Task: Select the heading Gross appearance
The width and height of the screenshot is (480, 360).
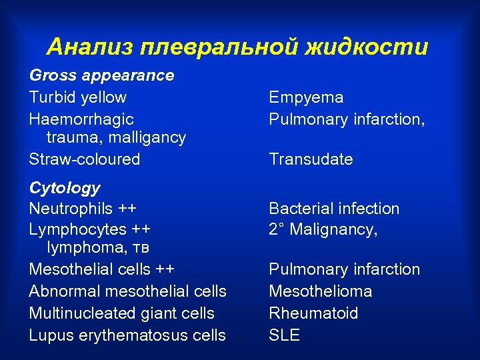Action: click(101, 75)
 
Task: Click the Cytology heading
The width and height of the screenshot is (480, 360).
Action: click(65, 188)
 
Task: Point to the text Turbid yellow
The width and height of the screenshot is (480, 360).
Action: click(77, 97)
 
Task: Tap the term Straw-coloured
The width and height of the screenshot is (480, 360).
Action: click(85, 159)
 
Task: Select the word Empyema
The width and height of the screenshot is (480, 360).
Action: click(306, 97)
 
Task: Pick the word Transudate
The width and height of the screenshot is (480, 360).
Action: click(311, 159)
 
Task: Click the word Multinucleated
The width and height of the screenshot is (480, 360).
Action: click(82, 313)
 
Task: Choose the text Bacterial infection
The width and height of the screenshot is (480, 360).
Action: click(334, 209)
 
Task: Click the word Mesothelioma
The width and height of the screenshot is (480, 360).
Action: click(320, 291)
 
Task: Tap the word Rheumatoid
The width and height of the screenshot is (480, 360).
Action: click(313, 313)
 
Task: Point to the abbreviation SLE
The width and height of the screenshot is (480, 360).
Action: click(284, 335)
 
